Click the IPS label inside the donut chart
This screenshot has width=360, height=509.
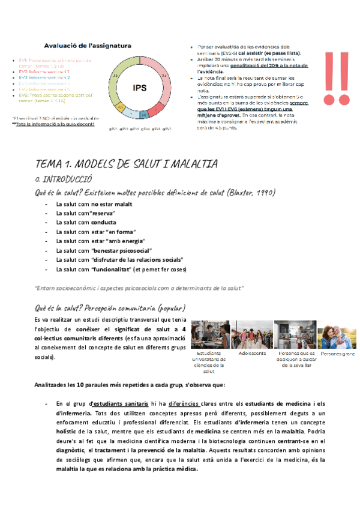tap(140, 88)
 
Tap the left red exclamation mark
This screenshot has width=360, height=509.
tap(330, 78)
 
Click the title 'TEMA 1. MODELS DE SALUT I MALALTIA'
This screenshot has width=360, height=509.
tap(127, 164)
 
